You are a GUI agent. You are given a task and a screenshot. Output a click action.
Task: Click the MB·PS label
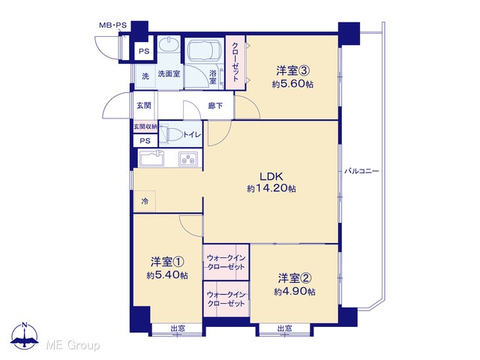pyautogui.click(x=112, y=25)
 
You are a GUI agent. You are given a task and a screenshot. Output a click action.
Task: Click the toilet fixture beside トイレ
pyautogui.click(x=175, y=133)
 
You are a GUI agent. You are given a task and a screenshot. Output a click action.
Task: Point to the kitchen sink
pyautogui.click(x=151, y=158)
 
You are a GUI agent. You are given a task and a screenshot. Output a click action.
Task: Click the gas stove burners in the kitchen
pyautogui.click(x=188, y=158)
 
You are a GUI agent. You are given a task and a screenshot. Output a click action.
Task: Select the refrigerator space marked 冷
pyautogui.click(x=145, y=201)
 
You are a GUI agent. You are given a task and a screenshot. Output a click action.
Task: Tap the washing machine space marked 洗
pyautogui.click(x=145, y=76)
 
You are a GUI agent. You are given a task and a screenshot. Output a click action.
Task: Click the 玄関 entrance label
pyautogui.click(x=143, y=106)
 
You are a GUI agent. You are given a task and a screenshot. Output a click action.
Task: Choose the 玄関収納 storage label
pyautogui.click(x=145, y=126)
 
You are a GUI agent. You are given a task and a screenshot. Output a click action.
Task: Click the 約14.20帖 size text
pyautogui.click(x=271, y=188)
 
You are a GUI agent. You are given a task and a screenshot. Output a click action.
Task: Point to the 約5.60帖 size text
pyautogui.click(x=292, y=84)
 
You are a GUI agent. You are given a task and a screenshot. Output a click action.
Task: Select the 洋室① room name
pyautogui.click(x=167, y=262)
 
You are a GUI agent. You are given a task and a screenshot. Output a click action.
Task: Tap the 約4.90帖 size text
pyautogui.click(x=295, y=292)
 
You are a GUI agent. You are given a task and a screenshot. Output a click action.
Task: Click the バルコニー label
pyautogui.click(x=361, y=171)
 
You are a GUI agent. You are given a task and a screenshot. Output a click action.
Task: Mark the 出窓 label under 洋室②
pyautogui.click(x=285, y=328)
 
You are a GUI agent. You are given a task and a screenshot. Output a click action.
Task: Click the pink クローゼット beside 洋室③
pyautogui.click(x=235, y=62)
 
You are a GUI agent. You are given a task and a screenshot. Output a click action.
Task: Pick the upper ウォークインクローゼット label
pyautogui.click(x=226, y=262)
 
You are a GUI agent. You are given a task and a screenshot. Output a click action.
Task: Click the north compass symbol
pyautogui.click(x=24, y=336)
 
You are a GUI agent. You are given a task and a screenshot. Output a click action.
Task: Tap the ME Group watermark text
pyautogui.click(x=73, y=345)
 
